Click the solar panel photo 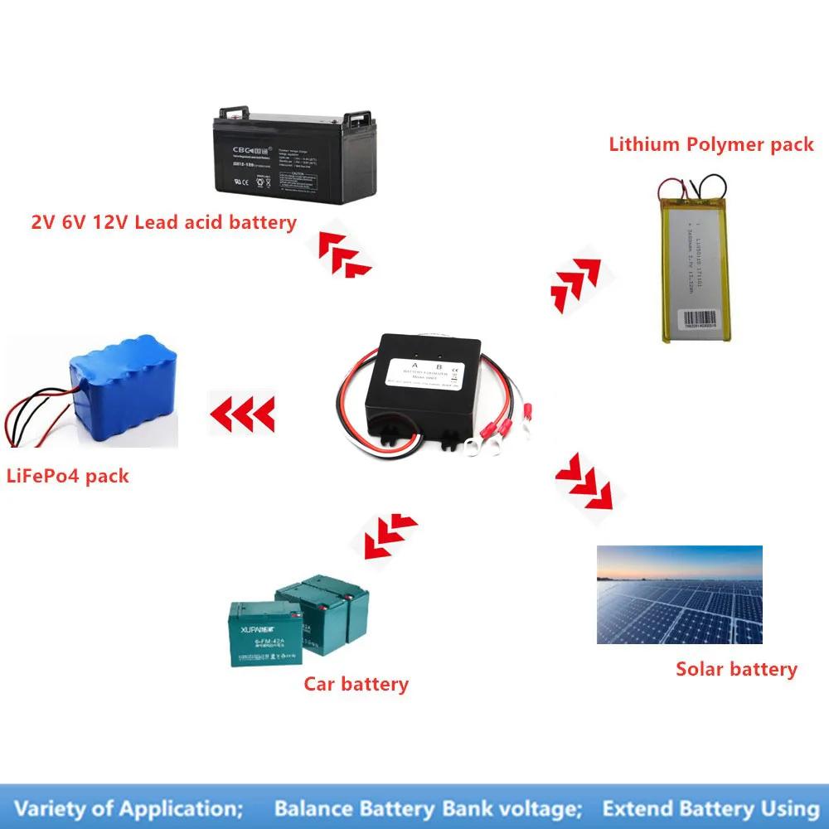pos(679,594)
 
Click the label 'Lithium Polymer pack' pos(711,144)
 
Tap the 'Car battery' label pos(356,684)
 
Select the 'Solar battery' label pos(736,669)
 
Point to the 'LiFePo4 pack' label pos(68,477)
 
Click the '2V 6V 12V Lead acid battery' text pos(163,222)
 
